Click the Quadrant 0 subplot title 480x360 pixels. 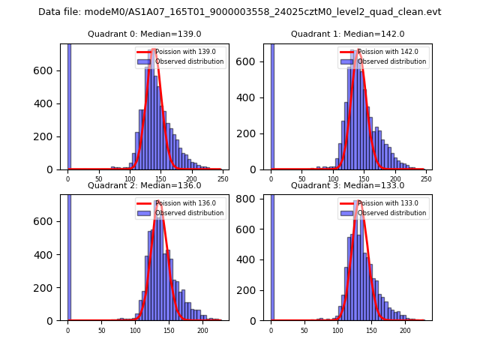point(144,34)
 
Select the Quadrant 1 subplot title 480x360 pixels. point(347,34)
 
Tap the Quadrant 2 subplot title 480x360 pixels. point(144,185)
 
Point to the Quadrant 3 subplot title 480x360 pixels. point(347,185)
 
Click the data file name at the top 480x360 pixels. point(240,12)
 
